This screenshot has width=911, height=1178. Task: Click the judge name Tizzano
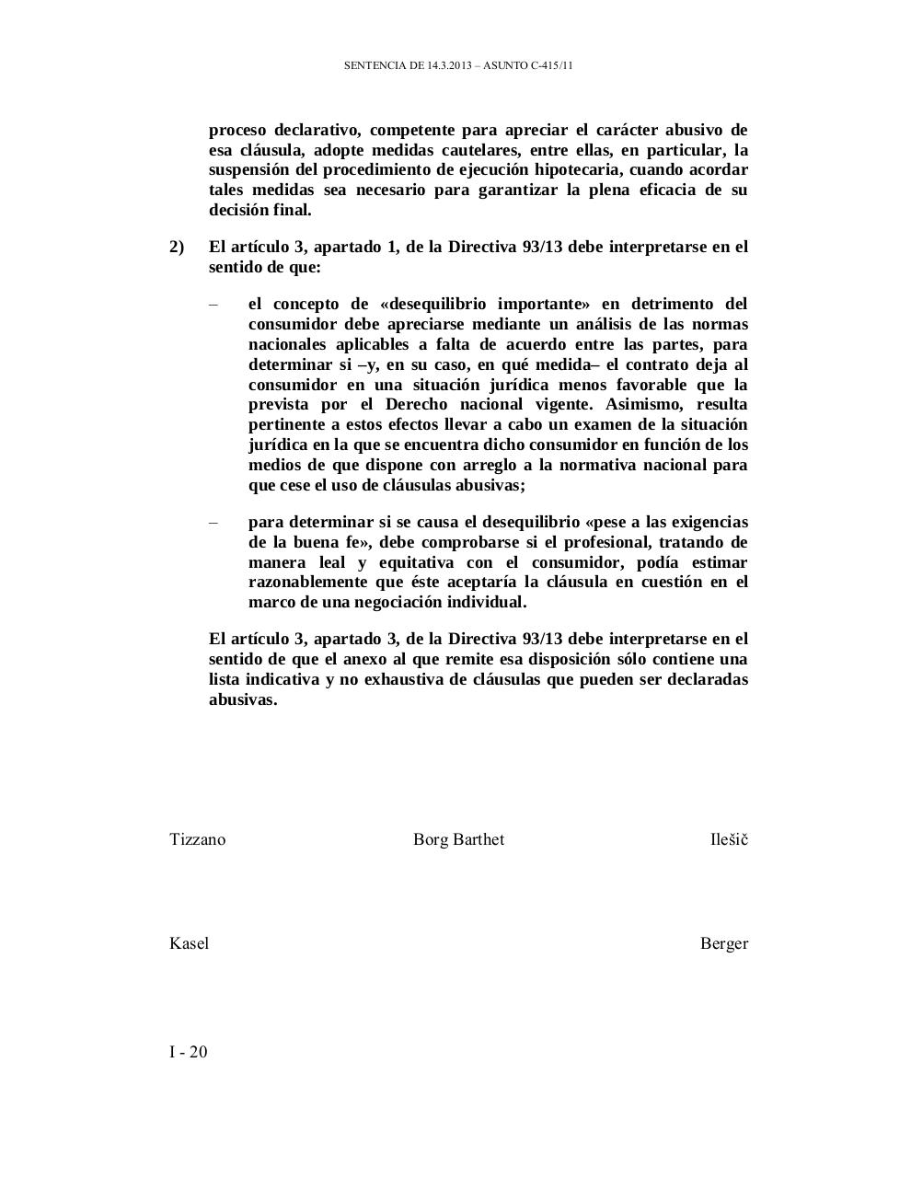click(x=197, y=839)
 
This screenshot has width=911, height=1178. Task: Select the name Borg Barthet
click(x=458, y=839)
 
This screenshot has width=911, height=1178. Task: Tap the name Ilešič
click(x=729, y=839)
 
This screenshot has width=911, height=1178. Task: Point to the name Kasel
click(x=189, y=943)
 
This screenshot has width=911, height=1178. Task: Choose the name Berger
click(x=723, y=943)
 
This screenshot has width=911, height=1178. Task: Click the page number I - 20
click(x=189, y=1052)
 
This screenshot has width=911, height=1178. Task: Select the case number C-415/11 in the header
click(x=552, y=66)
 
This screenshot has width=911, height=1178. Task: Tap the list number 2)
click(x=177, y=247)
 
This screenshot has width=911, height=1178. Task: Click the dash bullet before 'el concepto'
click(x=213, y=305)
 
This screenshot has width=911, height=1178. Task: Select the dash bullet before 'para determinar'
click(x=213, y=523)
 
